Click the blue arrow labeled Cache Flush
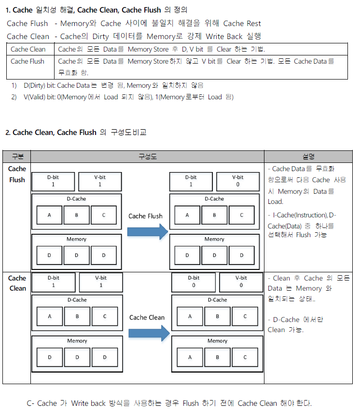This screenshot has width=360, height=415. click(146, 232)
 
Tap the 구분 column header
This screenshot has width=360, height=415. click(17, 157)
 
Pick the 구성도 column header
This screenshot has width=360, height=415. click(147, 157)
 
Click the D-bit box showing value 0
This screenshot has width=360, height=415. click(194, 281)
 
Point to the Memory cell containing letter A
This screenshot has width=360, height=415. click(190, 357)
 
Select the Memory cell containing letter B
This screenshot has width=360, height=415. click(217, 357)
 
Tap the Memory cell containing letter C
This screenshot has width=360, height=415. click(245, 357)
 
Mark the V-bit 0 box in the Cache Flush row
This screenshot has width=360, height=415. click(237, 181)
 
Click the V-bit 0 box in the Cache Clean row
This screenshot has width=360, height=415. click(241, 281)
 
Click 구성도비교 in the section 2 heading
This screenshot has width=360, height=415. click(129, 132)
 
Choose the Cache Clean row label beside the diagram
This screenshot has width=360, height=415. click(17, 283)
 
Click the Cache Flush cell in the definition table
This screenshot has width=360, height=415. click(28, 62)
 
